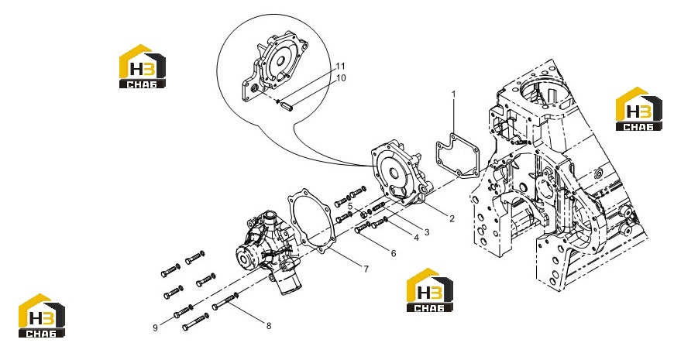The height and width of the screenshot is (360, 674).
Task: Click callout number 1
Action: coord(453,94)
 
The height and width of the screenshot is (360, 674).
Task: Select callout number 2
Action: coord(452,218)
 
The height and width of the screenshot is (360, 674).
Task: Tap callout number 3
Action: coord(427,232)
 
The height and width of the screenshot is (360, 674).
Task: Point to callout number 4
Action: coord(416,237)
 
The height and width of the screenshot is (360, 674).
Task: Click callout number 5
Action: coord(350,206)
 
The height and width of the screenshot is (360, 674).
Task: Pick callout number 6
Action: coord(394,253)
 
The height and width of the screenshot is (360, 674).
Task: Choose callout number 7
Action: coord(366,269)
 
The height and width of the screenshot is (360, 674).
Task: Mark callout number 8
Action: coord(269,326)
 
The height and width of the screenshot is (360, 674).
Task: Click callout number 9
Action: coord(155,327)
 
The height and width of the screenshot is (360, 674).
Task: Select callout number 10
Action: coord(341,78)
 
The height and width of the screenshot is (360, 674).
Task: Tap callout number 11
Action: coord(340,66)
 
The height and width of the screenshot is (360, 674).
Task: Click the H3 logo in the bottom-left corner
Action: coord(42,315)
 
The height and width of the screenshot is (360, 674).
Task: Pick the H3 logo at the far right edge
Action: coord(639,109)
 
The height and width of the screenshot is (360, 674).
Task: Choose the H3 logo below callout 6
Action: coord(430,290)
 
